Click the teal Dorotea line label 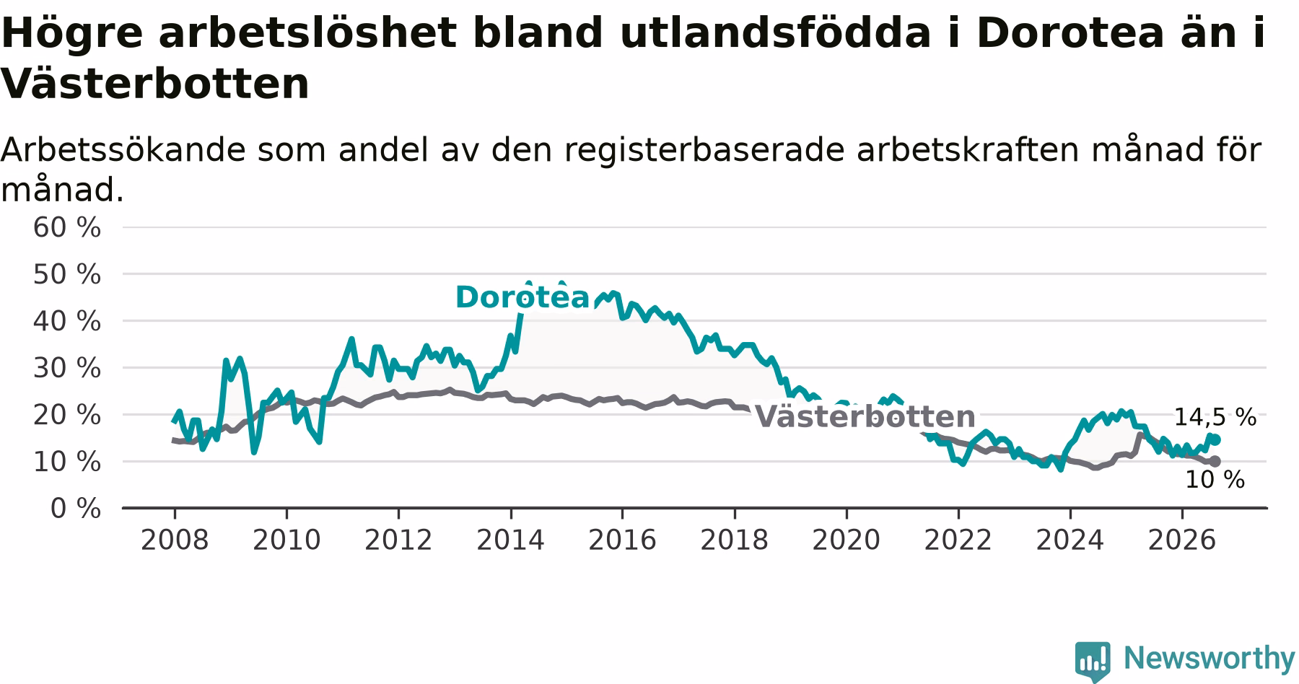click(522, 297)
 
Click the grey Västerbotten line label click(865, 416)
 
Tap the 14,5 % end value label click(1215, 417)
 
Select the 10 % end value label click(1215, 480)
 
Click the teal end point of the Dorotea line click(1215, 440)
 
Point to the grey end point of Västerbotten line click(1215, 461)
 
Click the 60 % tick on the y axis click(67, 227)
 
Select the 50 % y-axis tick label click(67, 274)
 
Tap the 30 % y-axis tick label click(67, 368)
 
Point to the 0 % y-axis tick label click(75, 509)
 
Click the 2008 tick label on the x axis click(175, 540)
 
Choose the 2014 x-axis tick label click(510, 540)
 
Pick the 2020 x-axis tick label click(847, 540)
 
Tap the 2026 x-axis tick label click(1182, 540)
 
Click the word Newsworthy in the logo click(1210, 658)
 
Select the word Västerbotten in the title click(155, 84)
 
